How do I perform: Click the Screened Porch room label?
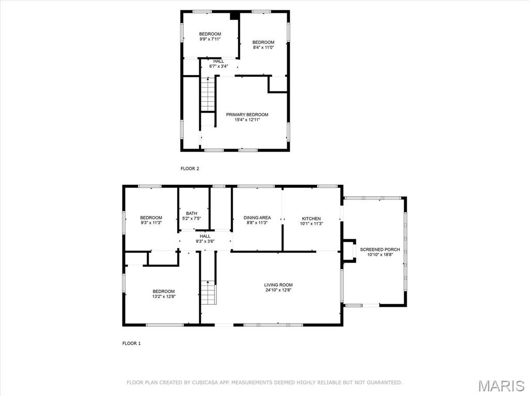pyautogui.click(x=380, y=249)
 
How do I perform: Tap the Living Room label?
pyautogui.click(x=278, y=285)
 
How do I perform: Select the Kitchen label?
pyautogui.click(x=312, y=218)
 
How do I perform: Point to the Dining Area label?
pyautogui.click(x=257, y=218)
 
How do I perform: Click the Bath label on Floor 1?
pyautogui.click(x=192, y=214)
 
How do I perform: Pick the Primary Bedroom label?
pyautogui.click(x=247, y=115)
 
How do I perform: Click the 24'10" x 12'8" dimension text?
pyautogui.click(x=278, y=290)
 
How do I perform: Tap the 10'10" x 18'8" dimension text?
pyautogui.click(x=380, y=255)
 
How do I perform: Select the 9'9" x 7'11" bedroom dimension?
pyautogui.click(x=210, y=39)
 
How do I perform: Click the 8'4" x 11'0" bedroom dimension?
pyautogui.click(x=263, y=47)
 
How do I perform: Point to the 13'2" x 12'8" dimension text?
pyautogui.click(x=164, y=296)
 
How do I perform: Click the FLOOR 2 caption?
pyautogui.click(x=190, y=169)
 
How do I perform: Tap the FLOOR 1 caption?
pyautogui.click(x=132, y=343)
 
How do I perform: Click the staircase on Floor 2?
pyautogui.click(x=208, y=94)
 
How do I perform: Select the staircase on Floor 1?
pyautogui.click(x=208, y=292)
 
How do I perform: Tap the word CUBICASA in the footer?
pyautogui.click(x=205, y=383)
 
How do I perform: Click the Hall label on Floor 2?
pyautogui.click(x=219, y=61)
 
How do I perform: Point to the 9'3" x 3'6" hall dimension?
pyautogui.click(x=205, y=241)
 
